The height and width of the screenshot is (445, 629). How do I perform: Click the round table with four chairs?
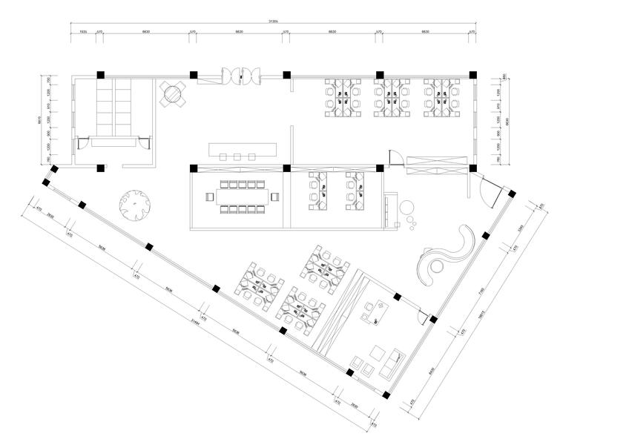172,94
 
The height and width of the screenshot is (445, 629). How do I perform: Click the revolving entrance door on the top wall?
240,75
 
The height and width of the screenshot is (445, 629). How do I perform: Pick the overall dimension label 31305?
273,22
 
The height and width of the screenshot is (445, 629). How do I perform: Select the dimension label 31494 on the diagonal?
195,321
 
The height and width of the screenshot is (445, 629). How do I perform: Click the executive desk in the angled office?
376,312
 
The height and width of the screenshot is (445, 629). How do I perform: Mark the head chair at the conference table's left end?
209,197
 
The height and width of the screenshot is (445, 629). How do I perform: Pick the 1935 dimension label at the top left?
83,32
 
